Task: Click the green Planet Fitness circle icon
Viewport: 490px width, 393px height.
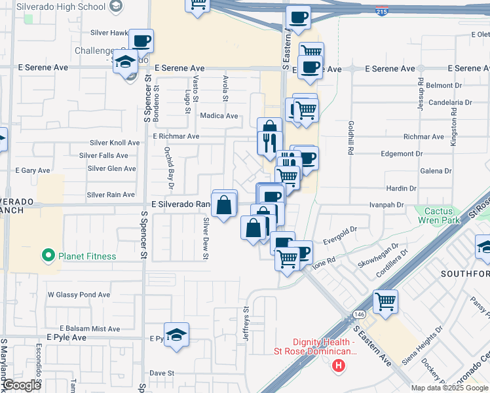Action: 48,256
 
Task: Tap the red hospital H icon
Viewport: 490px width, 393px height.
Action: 339,365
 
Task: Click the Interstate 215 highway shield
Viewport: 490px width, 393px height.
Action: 381,11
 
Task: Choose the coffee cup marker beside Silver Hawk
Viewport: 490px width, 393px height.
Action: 141,41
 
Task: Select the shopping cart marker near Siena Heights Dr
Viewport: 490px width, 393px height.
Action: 385,302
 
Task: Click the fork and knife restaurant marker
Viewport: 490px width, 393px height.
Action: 270,142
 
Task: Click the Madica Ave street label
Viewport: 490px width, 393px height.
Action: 219,116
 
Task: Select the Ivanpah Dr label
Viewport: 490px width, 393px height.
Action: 386,205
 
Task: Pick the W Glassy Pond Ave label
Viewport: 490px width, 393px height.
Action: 79,295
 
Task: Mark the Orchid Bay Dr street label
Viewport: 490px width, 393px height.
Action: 169,162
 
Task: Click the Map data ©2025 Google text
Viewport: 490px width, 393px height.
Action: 449,388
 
